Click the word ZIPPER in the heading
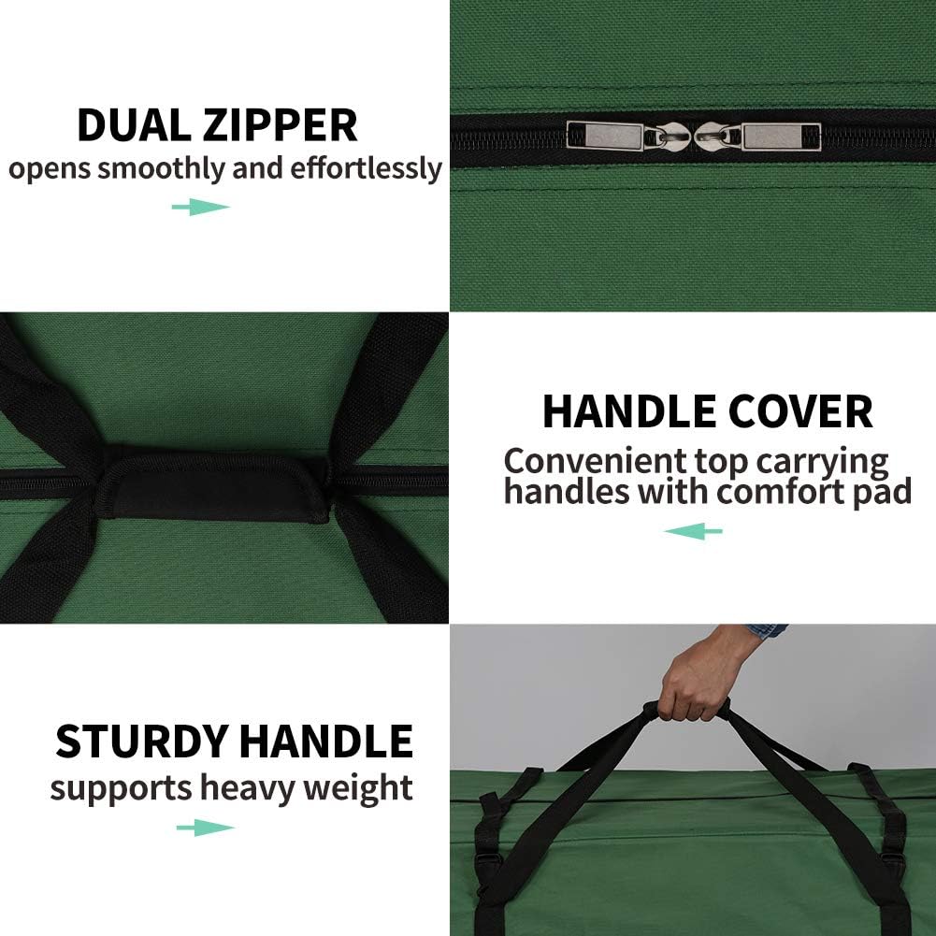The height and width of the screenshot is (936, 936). (x=280, y=125)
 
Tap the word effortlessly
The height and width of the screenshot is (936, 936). (x=366, y=169)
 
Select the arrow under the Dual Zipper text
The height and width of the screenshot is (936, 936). (x=201, y=208)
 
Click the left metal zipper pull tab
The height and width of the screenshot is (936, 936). (x=605, y=137)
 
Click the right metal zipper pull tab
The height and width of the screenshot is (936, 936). (x=781, y=137)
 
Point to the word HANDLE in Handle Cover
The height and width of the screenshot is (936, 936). (x=630, y=411)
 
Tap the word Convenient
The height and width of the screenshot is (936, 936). (x=596, y=461)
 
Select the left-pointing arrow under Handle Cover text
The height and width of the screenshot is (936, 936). (x=694, y=531)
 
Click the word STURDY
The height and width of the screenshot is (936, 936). (x=141, y=741)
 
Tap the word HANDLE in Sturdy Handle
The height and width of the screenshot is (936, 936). (x=326, y=741)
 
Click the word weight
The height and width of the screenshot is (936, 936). (x=358, y=788)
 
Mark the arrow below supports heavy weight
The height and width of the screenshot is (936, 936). (x=206, y=828)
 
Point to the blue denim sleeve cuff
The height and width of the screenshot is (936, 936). (x=767, y=632)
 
